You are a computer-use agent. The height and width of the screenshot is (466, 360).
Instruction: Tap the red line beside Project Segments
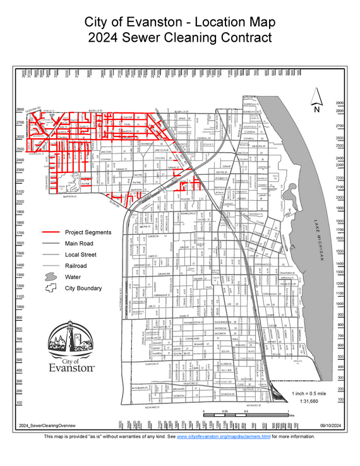click(51, 232)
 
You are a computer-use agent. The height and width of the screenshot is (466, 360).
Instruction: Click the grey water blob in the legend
click(51, 277)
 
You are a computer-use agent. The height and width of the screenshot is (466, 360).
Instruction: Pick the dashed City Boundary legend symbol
click(51, 288)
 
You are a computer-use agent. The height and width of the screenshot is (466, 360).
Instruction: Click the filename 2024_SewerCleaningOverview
click(42, 426)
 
